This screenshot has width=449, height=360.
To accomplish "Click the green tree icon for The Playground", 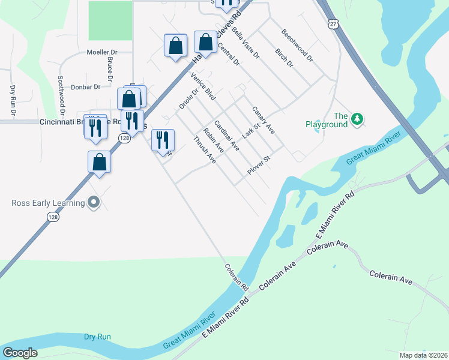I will point(357,119).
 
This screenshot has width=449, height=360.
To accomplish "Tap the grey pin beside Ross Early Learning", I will point(93,203).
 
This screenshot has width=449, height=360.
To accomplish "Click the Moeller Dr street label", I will point(104,52).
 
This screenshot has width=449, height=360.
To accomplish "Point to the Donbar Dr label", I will point(86,87).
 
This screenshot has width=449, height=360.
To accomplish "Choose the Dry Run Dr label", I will point(13,99).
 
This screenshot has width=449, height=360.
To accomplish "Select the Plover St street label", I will point(259,166).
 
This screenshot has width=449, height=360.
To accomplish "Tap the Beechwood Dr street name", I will point(297,47).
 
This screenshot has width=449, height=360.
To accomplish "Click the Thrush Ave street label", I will point(204,149).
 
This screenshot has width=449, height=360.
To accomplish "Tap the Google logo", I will point(20,352).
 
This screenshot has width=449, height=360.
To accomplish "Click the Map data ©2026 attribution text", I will point(423,355).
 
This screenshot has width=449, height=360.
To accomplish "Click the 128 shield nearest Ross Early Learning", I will point(53,217).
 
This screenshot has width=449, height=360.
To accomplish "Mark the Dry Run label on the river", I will point(97,337).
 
